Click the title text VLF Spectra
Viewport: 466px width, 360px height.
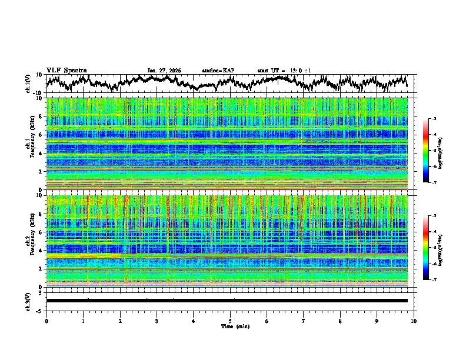pyautogui.click(x=66, y=71)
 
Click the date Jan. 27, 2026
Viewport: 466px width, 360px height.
pyautogui.click(x=164, y=71)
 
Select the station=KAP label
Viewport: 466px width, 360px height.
pyautogui.click(x=218, y=71)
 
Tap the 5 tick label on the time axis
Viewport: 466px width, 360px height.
pyautogui.click(x=230, y=321)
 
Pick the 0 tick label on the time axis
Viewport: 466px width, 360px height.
pyautogui.click(x=46, y=321)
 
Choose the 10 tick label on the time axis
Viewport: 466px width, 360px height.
pyautogui.click(x=414, y=321)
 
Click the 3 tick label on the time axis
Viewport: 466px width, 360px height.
pyautogui.click(x=157, y=321)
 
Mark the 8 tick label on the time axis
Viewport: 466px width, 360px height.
pyautogui.click(x=340, y=321)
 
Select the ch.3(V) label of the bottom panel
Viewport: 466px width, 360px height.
pyautogui.click(x=29, y=301)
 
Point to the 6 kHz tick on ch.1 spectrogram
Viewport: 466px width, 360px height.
pyautogui.click(x=41, y=135)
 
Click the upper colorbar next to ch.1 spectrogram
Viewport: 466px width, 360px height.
pyautogui.click(x=431, y=151)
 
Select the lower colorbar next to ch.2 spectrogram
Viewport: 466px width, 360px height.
pyautogui.click(x=431, y=248)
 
